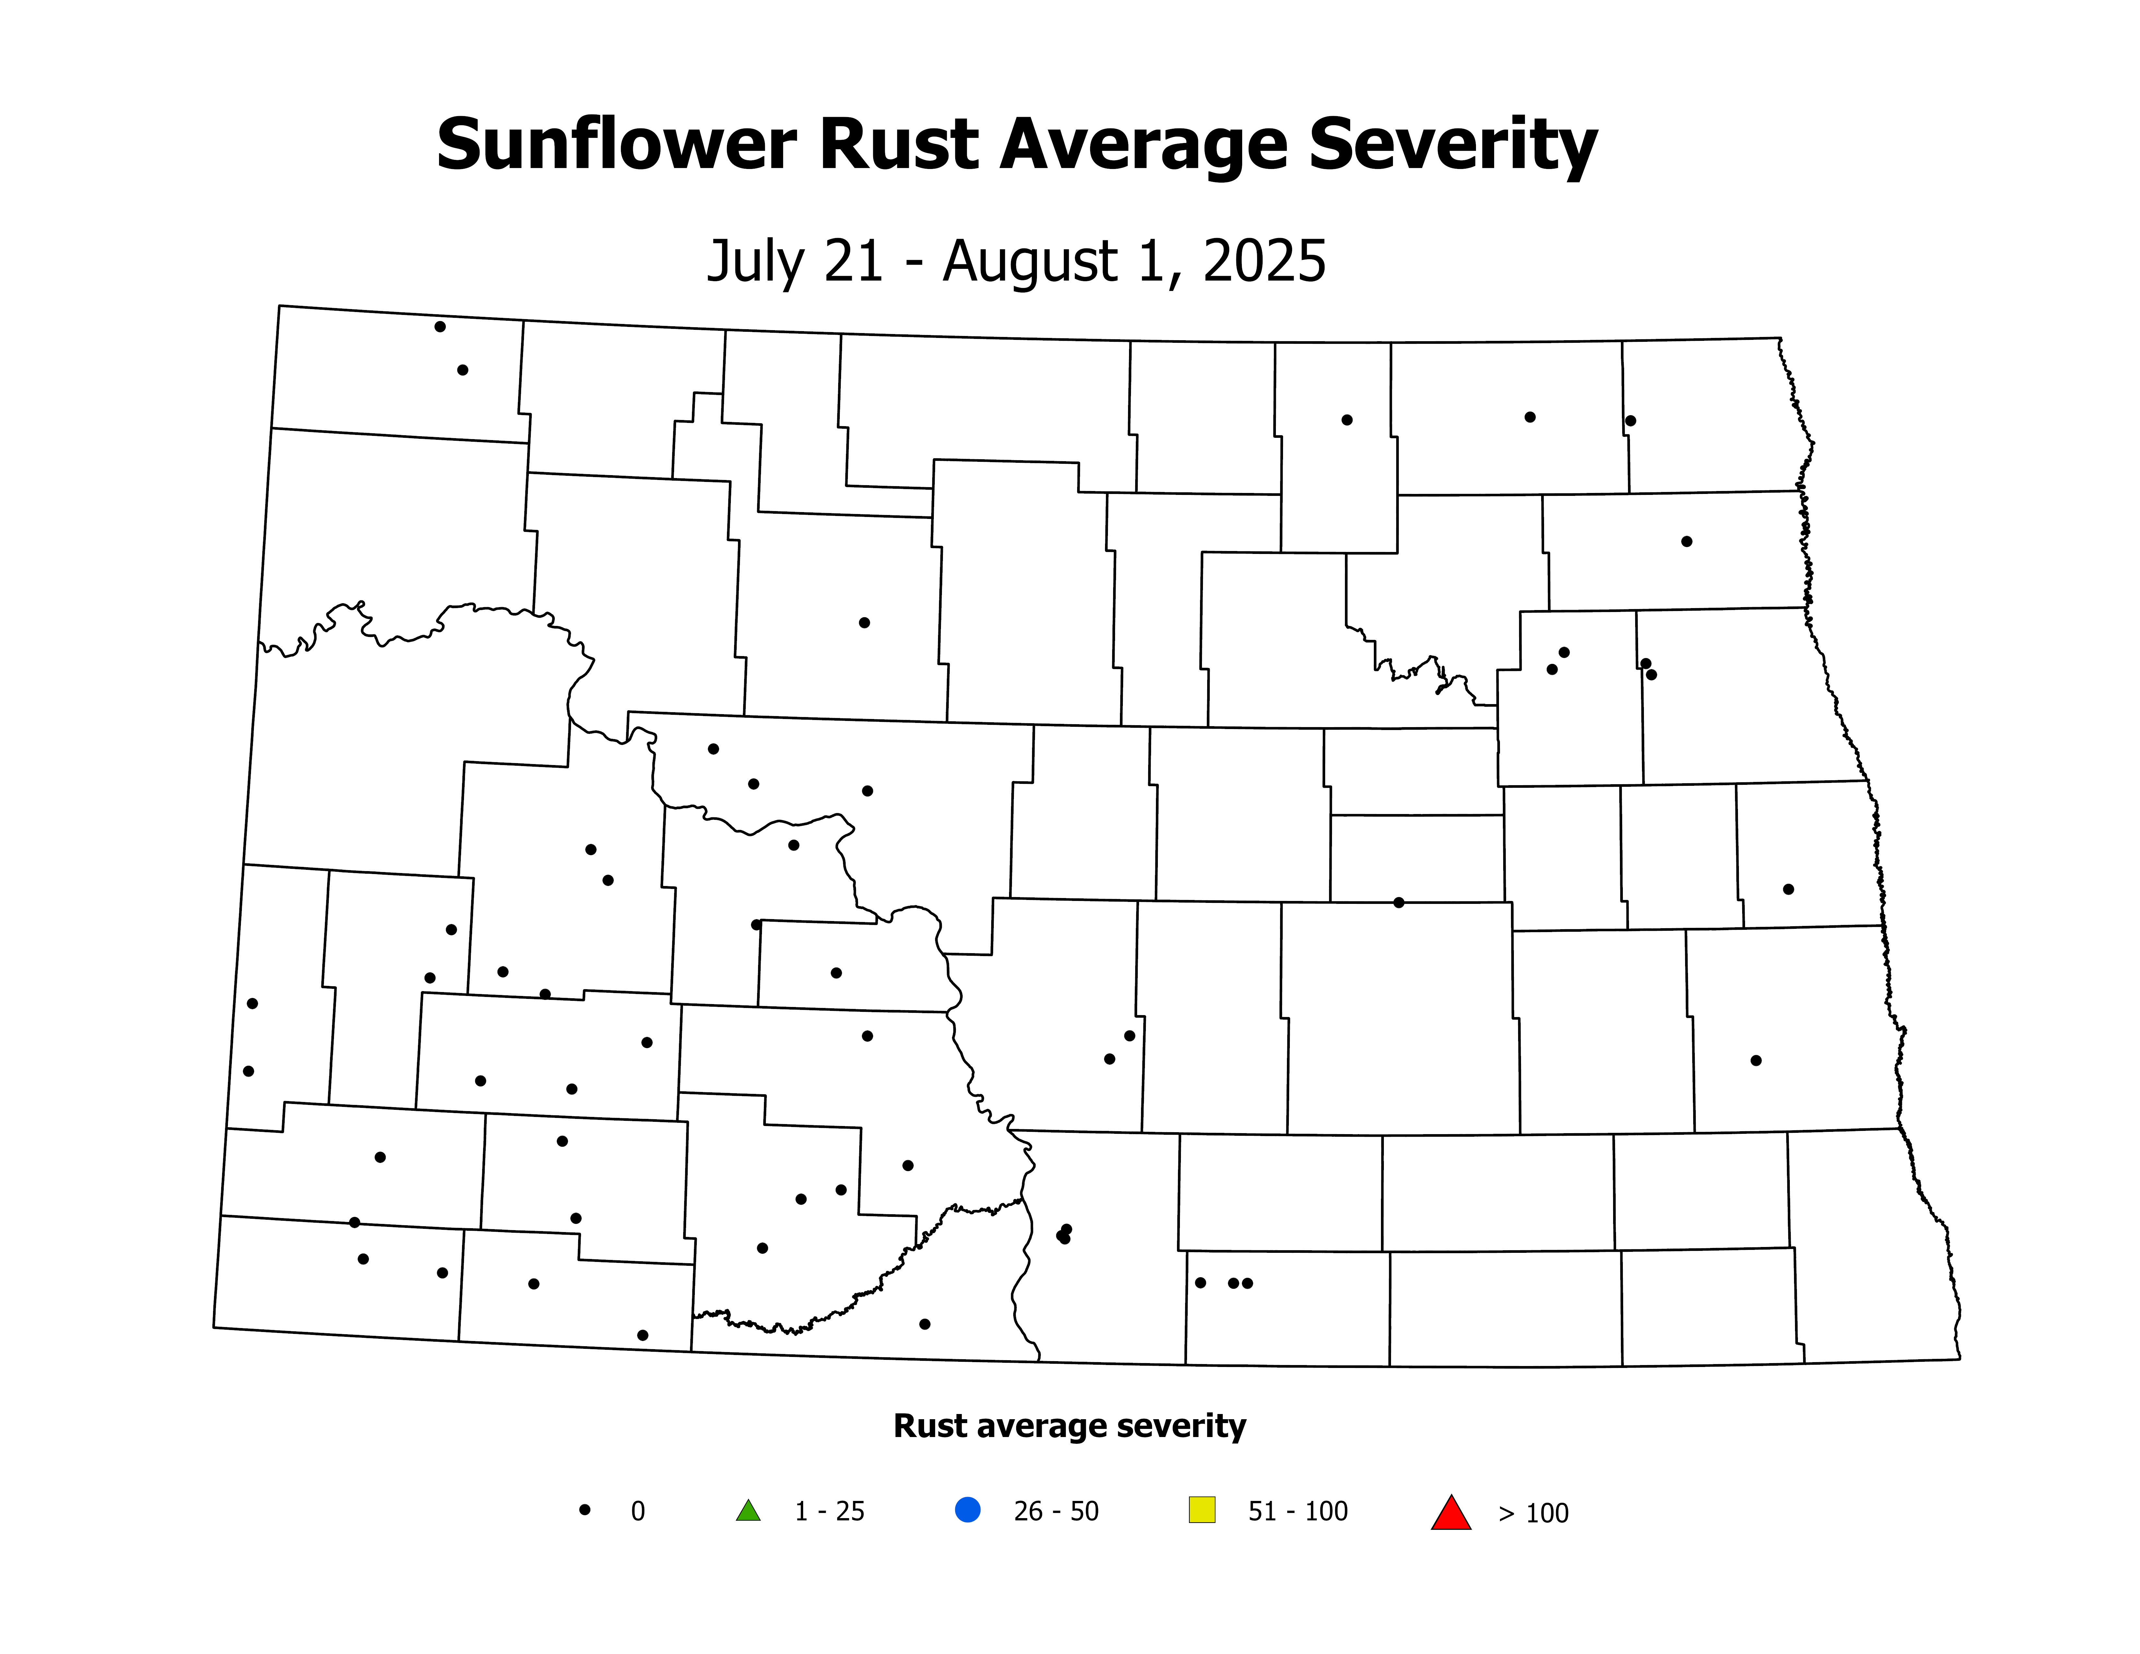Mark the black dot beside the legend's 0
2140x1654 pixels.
pos(585,1510)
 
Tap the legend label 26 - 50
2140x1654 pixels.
pos(1056,1512)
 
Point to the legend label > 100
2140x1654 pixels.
pos(1533,1514)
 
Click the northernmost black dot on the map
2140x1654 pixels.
pos(440,326)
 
